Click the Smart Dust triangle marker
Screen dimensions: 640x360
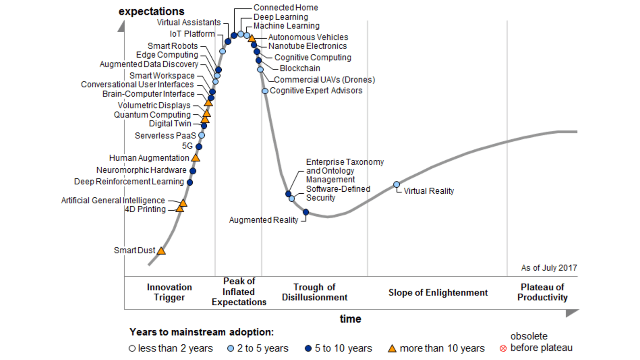tap(161, 251)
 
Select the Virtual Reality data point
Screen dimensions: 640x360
tap(396, 184)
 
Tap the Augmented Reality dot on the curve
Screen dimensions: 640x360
tap(306, 212)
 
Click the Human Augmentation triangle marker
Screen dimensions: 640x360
tap(196, 158)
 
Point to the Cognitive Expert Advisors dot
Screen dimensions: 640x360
tap(265, 91)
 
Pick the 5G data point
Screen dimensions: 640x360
tap(199, 147)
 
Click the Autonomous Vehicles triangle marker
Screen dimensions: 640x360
tap(252, 39)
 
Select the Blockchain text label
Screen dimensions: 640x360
tap(300, 68)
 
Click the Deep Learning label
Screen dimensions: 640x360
tap(281, 17)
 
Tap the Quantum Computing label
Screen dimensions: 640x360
tap(152, 115)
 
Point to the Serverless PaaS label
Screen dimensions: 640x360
tap(165, 136)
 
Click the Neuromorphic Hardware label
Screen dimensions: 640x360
tap(141, 170)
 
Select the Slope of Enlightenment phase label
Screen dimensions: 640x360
tap(438, 293)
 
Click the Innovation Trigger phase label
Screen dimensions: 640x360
tap(169, 292)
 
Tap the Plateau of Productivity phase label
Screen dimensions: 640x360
tap(542, 292)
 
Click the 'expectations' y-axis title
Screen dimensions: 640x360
tap(151, 11)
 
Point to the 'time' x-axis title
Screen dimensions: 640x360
tap(350, 319)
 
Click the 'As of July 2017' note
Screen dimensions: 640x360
tap(549, 268)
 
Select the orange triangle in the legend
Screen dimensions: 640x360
tap(392, 349)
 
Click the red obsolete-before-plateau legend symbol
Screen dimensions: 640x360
tap(503, 349)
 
